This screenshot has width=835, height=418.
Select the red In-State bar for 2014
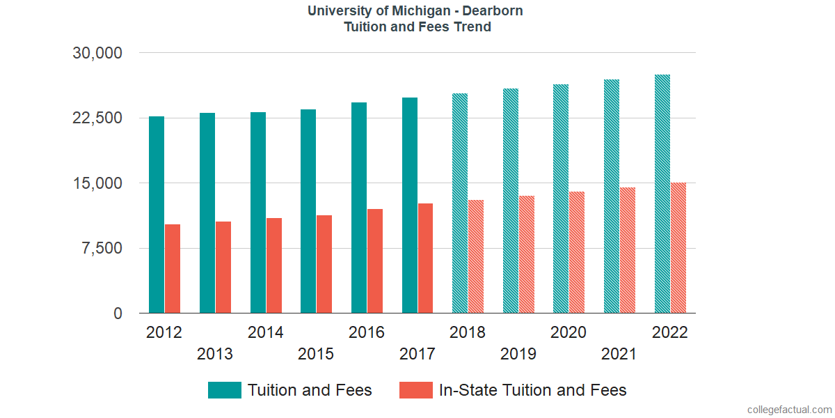274,265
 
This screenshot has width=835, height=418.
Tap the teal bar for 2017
410,206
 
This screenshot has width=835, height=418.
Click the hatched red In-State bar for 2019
527,254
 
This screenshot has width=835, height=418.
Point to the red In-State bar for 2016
375,261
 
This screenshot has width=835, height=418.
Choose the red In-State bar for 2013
223,268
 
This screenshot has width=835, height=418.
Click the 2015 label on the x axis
316,354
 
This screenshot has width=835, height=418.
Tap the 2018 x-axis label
468,332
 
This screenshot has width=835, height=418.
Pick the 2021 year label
619,354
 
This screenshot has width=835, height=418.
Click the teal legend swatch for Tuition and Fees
225,390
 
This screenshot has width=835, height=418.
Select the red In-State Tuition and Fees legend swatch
416,390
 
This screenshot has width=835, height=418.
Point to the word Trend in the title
472,27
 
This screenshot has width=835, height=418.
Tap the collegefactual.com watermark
788,410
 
